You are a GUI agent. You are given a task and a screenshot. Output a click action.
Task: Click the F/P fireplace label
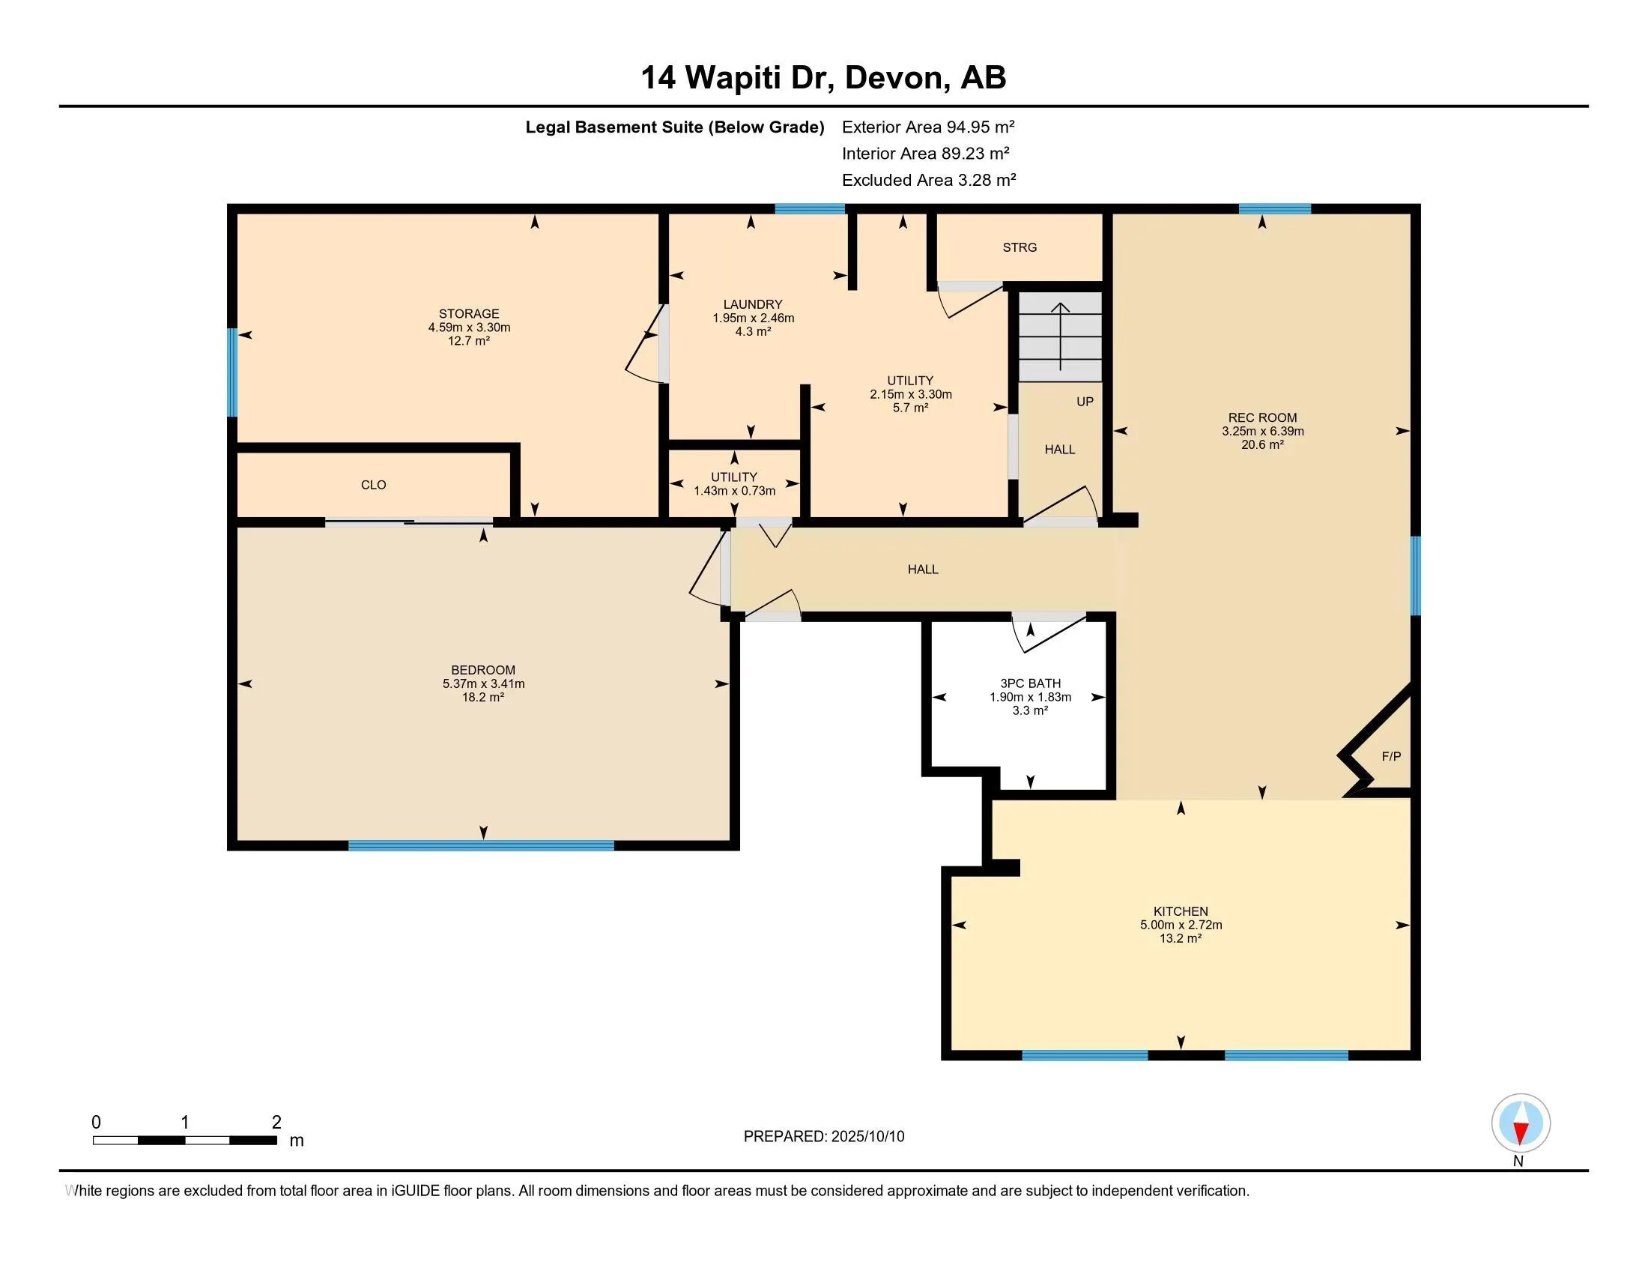click(x=1391, y=756)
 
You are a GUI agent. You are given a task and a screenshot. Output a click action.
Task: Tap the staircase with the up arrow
click(x=1060, y=336)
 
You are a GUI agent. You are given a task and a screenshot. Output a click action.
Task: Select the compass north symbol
click(x=1521, y=1124)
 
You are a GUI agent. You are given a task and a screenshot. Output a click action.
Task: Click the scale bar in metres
click(x=185, y=1140)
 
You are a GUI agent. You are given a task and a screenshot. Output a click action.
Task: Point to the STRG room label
click(x=1020, y=247)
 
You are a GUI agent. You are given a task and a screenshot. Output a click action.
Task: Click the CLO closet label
click(x=374, y=486)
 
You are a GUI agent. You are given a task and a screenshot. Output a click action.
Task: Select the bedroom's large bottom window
click(x=481, y=845)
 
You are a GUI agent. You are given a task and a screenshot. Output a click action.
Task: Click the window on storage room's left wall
click(x=232, y=372)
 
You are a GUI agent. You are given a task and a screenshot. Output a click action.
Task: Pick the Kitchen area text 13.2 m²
click(x=1180, y=939)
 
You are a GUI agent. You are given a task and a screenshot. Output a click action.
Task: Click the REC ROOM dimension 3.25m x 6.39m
click(x=1262, y=432)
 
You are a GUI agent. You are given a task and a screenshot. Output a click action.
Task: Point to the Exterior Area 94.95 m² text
click(x=927, y=127)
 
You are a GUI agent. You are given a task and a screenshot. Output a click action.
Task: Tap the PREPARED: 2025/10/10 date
click(x=823, y=1137)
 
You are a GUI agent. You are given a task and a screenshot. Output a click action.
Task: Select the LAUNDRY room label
click(x=752, y=304)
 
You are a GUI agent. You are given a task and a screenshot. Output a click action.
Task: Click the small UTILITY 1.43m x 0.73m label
click(x=734, y=484)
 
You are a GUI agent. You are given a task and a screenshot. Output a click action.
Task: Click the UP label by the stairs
click(x=1085, y=402)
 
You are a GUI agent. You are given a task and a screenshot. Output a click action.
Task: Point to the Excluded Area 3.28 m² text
click(x=928, y=181)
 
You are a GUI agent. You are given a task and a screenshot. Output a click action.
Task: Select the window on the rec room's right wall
click(x=1416, y=576)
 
